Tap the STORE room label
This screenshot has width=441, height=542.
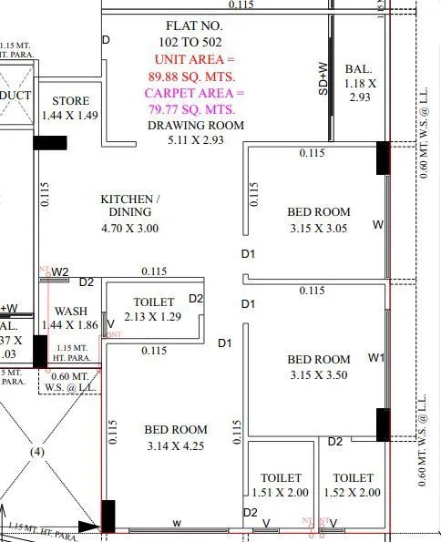tap(70, 100)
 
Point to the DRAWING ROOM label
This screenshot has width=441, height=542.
tap(196, 126)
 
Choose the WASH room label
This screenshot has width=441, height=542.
tap(70, 311)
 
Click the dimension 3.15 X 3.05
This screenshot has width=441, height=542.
tap(319, 228)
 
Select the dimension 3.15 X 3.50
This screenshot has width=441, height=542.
tap(319, 374)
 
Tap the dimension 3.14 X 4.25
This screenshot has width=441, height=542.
tap(176, 445)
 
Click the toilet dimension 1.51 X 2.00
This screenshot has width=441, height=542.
tap(281, 493)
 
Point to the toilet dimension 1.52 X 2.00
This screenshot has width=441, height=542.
tap(353, 493)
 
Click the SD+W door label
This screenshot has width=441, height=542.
tap(323, 78)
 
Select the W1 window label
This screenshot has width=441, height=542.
tap(376, 358)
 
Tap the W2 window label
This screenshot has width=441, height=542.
tap(60, 271)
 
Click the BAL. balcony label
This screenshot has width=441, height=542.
tap(356, 70)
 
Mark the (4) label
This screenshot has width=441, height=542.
tap(37, 451)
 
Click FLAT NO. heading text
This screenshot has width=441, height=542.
tap(193, 26)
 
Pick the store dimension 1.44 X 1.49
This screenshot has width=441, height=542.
tap(70, 115)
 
